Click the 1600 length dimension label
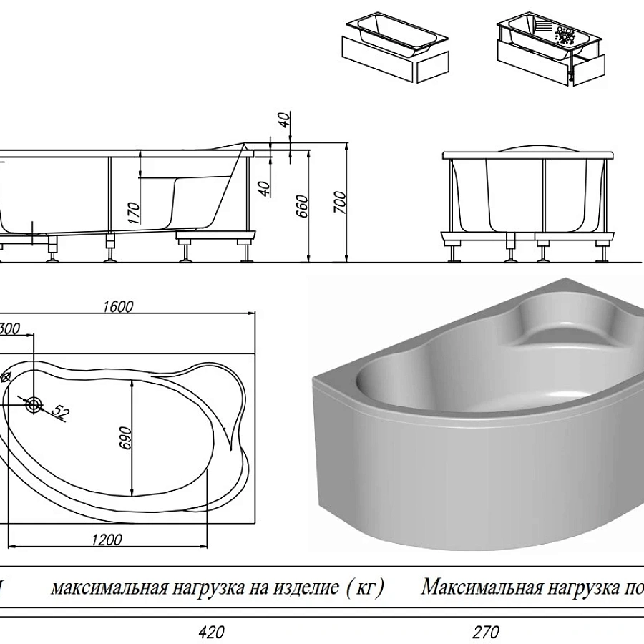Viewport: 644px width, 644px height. click(119, 307)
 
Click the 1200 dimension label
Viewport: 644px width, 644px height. click(107, 540)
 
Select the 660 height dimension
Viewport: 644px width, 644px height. click(303, 208)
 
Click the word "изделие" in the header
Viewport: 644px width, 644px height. click(300, 589)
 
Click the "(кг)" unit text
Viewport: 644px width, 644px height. click(364, 589)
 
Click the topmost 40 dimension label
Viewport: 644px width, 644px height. click(286, 120)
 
